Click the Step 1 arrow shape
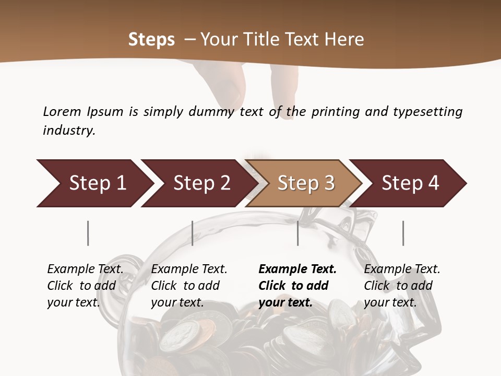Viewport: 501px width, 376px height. [x=97, y=183]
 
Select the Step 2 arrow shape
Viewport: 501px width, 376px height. [x=201, y=183]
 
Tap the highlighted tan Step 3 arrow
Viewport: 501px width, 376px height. [x=306, y=183]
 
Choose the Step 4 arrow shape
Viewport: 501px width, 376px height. [x=410, y=183]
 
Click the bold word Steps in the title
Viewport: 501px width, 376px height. [x=151, y=40]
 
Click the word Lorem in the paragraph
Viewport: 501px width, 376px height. [x=62, y=111]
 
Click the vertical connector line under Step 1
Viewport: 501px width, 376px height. [x=88, y=233]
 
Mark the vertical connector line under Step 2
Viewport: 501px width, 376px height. [x=193, y=233]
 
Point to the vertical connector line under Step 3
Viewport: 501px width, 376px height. [x=297, y=233]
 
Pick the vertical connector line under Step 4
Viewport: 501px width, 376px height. [x=403, y=233]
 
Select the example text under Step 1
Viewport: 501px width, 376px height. [x=85, y=286]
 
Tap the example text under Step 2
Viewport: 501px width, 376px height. [x=189, y=286]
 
